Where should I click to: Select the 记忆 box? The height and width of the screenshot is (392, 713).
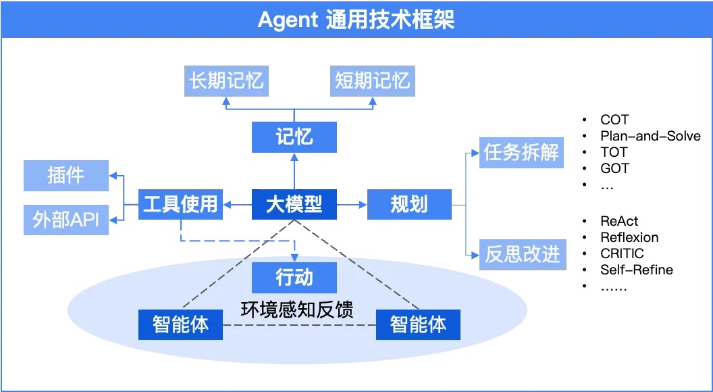coord(294,137)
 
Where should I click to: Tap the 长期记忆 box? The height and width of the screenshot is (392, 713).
coord(226,82)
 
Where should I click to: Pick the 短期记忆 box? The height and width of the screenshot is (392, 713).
coord(372,82)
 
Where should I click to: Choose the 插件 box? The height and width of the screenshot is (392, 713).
coord(66,176)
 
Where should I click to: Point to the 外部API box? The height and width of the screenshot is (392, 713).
coord(66,220)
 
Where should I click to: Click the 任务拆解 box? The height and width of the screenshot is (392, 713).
coord(521,153)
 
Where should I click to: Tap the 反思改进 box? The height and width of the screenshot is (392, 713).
coord(523,255)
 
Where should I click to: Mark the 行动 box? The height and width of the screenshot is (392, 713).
coord(294,277)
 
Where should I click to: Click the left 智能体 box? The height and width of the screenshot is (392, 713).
coord(180,325)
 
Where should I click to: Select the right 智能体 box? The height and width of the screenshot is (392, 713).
coord(418,325)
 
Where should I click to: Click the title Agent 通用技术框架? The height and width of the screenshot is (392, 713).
coord(356,20)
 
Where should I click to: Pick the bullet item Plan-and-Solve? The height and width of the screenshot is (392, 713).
coord(650,136)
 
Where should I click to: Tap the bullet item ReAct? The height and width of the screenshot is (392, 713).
coord(619,221)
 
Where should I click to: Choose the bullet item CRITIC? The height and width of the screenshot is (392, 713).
coord(622,253)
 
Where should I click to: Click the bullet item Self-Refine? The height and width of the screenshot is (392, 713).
coord(636,270)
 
